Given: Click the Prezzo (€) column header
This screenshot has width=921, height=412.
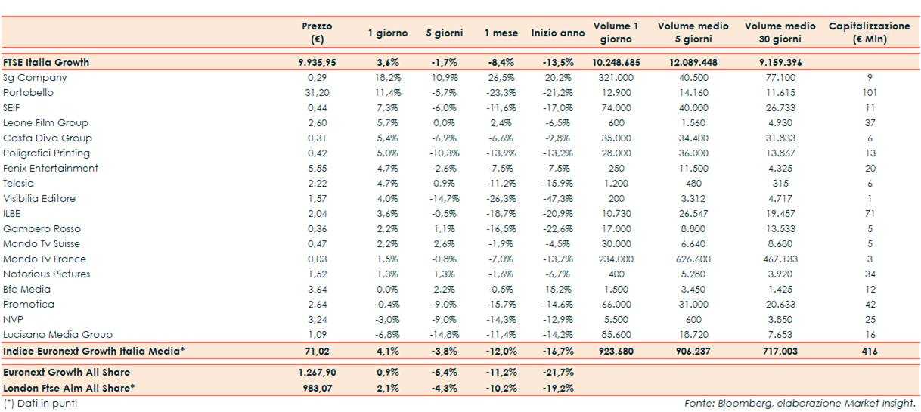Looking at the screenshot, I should click(317, 33).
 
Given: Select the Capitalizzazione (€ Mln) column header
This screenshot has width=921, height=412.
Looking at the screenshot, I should click(869, 33).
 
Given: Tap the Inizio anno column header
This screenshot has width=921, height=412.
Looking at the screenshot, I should click(558, 33).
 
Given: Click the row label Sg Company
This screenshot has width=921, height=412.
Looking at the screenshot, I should click(35, 78).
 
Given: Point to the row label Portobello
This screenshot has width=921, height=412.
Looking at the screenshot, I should click(29, 93).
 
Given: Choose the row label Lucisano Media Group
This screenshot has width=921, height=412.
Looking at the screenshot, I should click(57, 335).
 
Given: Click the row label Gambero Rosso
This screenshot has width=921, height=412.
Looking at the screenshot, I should click(42, 229).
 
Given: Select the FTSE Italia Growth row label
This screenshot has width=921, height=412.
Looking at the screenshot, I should click(46, 63).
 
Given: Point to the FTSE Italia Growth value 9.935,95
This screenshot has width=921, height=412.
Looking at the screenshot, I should click(317, 63).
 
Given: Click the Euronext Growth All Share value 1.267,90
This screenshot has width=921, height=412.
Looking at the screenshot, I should click(317, 373).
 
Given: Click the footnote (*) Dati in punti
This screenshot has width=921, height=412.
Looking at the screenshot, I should click(40, 404).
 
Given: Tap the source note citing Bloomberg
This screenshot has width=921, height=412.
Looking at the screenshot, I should click(800, 404).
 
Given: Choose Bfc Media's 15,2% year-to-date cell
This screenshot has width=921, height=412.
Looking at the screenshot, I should click(558, 290).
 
